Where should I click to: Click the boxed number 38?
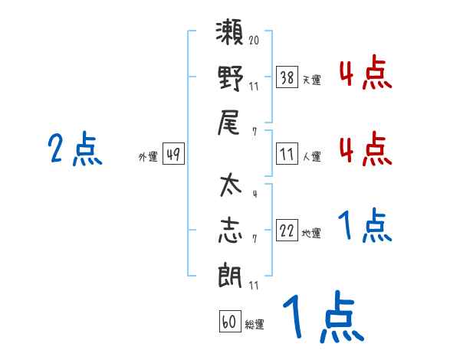tap(287, 78)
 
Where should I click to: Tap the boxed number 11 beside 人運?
tap(287, 155)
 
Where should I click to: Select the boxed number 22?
tap(287, 231)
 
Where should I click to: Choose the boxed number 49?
tap(173, 155)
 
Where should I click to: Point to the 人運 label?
tap(311, 156)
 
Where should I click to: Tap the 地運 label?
tap(311, 233)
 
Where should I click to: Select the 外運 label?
tap(148, 156)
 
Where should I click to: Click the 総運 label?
tap(255, 324)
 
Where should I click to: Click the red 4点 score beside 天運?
tap(365, 75)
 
